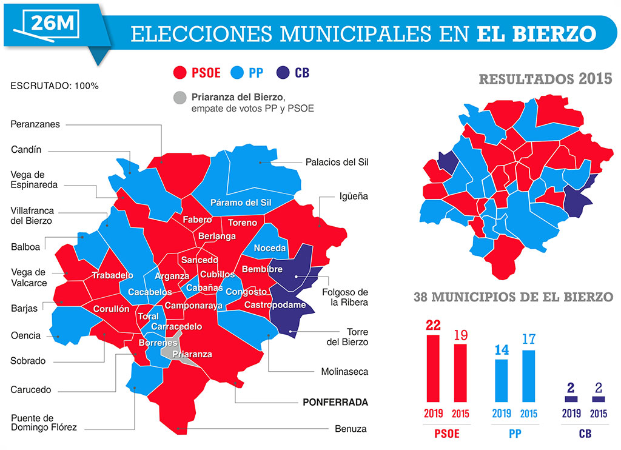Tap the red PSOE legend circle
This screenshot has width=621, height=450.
pos(180,73)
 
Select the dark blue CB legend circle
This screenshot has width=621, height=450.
pos(283,73)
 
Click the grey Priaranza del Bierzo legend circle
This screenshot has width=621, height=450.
pos(180,98)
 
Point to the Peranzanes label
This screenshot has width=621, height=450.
pos(35,124)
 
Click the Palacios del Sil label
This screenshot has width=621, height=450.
pos(337,162)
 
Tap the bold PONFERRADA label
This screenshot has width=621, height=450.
pos(335,402)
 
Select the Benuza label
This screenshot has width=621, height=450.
pos(351,429)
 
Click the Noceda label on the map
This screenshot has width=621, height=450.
pos(269,248)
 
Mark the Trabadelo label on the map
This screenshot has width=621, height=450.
pos(112,275)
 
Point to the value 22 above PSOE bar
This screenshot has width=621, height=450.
pos(433,325)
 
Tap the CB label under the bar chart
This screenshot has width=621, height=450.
pos(585,434)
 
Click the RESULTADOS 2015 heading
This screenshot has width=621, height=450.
pos(545,79)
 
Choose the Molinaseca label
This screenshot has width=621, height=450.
pos(344,371)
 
